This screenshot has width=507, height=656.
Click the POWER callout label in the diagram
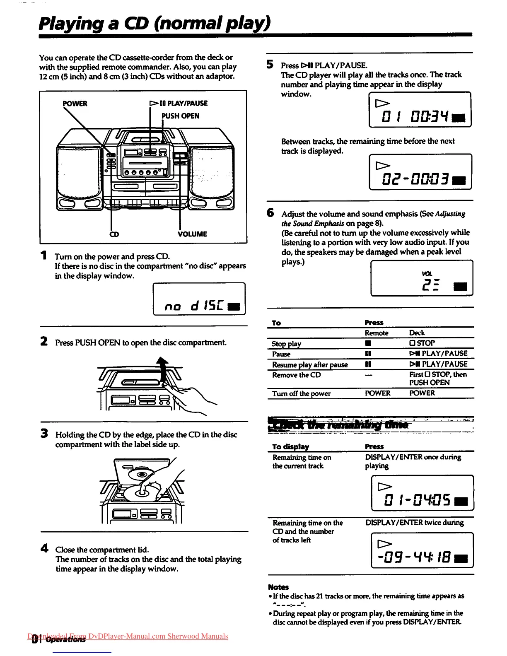point(75,104)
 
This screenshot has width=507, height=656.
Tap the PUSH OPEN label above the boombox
point(181,116)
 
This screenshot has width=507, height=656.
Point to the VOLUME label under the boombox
point(192,234)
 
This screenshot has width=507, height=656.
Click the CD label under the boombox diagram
point(114,234)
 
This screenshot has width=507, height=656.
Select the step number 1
point(43,256)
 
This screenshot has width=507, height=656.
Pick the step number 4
point(44,548)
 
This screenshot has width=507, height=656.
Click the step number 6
point(270,213)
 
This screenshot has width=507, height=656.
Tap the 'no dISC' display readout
point(199,299)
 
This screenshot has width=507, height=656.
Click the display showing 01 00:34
point(420,109)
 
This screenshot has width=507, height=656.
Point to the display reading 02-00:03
point(420,172)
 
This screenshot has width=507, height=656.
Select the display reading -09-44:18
point(422,550)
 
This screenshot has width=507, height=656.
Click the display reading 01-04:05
point(422,493)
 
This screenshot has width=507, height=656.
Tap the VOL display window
point(422,278)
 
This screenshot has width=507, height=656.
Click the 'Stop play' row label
point(287,343)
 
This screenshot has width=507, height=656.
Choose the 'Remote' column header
point(377,333)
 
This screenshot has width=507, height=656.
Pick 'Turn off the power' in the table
point(301,393)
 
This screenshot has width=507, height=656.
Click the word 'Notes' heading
point(278,587)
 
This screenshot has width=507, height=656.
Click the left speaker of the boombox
point(79,172)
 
